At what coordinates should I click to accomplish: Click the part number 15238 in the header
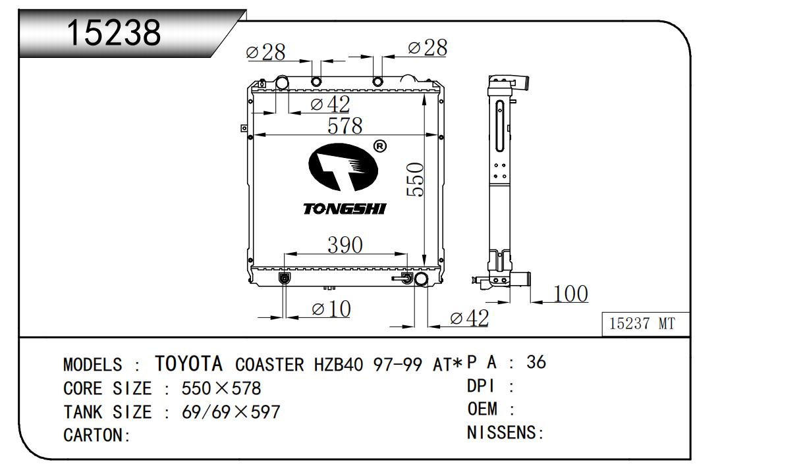click(114, 32)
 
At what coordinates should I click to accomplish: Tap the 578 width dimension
click(345, 125)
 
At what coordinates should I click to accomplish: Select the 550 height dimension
click(415, 179)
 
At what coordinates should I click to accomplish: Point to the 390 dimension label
click(345, 245)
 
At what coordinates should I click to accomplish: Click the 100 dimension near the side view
click(570, 294)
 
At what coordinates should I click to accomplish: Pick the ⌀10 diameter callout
click(331, 309)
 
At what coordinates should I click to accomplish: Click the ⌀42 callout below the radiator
click(469, 318)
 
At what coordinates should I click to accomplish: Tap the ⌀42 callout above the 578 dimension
click(330, 104)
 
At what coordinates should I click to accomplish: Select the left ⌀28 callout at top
click(265, 52)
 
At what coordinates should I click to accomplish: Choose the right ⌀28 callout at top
click(428, 47)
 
